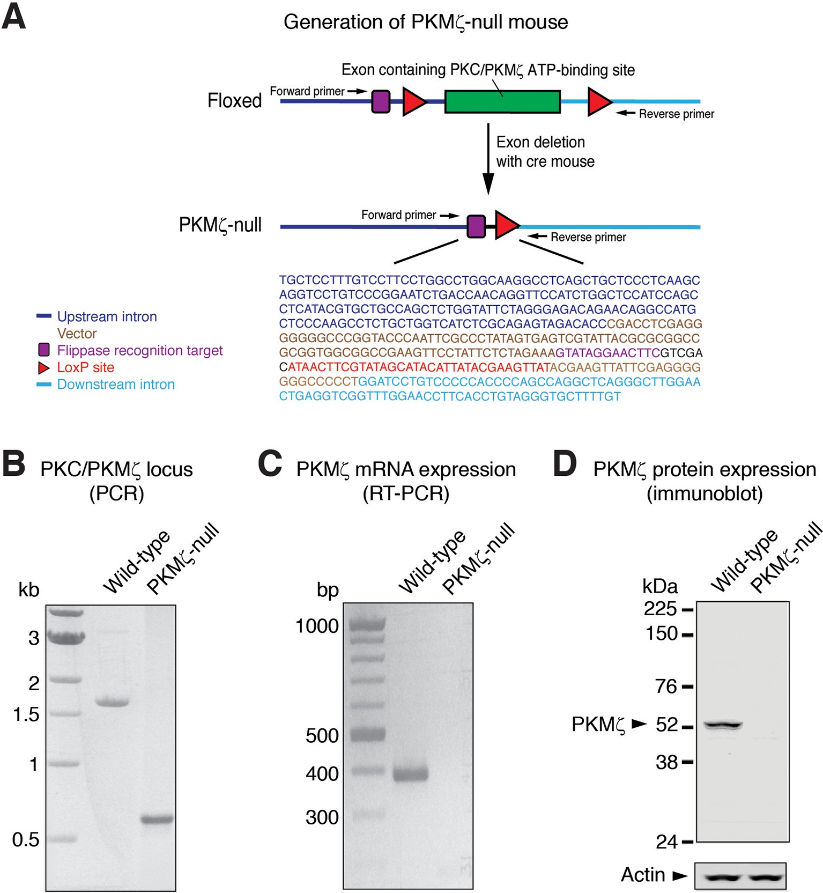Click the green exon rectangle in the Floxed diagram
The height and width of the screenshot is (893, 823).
502,101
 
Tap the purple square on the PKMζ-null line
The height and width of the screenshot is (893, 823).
476,226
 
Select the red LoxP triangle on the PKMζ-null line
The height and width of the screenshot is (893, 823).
506,225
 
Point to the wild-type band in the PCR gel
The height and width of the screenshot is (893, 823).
112,702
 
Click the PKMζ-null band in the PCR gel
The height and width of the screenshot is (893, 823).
157,819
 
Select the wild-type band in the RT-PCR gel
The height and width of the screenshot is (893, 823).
411,774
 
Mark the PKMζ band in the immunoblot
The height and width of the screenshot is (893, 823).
723,726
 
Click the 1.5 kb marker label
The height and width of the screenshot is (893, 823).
26,714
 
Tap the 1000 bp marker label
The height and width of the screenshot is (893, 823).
317,626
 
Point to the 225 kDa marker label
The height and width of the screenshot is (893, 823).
661,609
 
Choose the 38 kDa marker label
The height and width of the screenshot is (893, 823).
666,762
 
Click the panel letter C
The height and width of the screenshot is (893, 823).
270,464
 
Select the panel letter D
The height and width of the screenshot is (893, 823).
565,464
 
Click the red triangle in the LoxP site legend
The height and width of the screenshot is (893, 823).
43,368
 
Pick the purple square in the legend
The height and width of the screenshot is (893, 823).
44,350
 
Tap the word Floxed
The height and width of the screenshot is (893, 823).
234,101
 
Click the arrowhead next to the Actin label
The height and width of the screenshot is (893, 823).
680,876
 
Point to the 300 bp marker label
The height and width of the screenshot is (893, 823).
322,817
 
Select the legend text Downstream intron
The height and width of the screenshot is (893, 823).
116,385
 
